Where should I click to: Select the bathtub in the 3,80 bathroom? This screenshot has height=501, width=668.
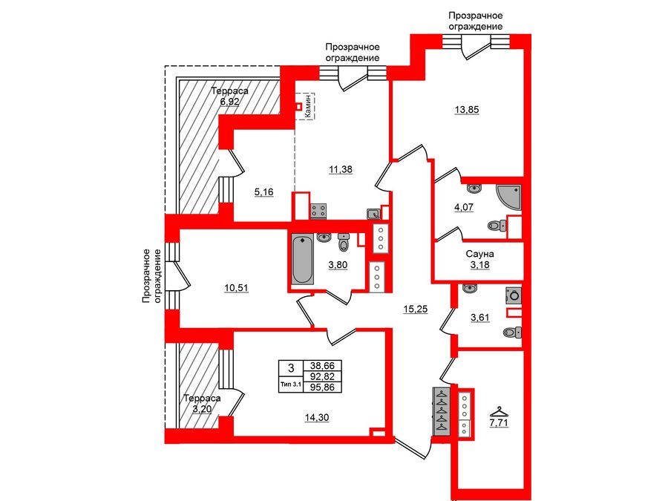302,259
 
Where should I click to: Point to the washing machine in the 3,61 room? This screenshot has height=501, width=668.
513,295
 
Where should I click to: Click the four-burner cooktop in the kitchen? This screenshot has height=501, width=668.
319,211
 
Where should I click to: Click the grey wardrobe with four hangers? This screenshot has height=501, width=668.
441,410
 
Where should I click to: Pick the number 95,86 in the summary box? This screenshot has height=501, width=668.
322,387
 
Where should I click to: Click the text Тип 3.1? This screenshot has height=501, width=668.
290,384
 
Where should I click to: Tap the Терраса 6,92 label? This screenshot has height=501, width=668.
229,96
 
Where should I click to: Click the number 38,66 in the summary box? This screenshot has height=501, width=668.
322,366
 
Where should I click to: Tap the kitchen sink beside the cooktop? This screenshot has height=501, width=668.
373,215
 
